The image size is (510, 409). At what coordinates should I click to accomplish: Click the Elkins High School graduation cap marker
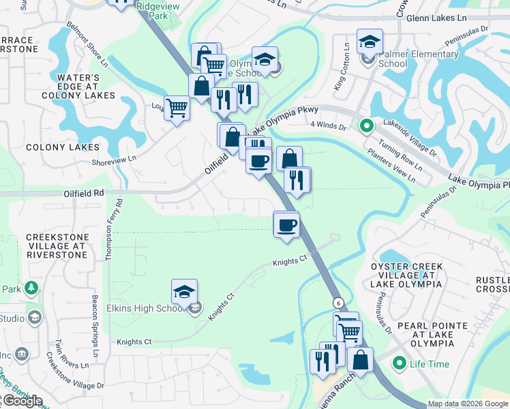coord(184,292)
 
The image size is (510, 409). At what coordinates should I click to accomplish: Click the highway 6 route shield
coord(337,302)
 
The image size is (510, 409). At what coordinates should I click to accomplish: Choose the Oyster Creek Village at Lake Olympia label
coord(406,275)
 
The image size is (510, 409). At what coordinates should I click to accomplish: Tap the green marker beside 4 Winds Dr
coord(366,126)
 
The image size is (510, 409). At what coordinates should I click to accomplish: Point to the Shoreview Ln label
coord(115,160)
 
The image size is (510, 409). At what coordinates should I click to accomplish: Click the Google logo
coord(22,401)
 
